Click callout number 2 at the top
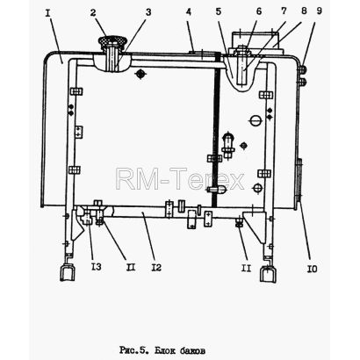coord(93,13)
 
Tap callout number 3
coord(148,12)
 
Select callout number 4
coord(189,12)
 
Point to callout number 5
coord(219,11)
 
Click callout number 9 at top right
coord(320,11)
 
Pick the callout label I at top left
coord(48,13)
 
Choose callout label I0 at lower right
coord(312,269)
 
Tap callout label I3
coord(97,267)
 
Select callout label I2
coord(156,267)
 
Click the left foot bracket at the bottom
coord(67,273)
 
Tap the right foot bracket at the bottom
coord(269,274)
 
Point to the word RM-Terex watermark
coord(180,178)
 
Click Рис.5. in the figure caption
coord(133,349)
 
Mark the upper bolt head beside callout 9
coord(303,69)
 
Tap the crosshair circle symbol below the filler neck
coord(140,74)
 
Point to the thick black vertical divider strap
coord(216,129)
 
